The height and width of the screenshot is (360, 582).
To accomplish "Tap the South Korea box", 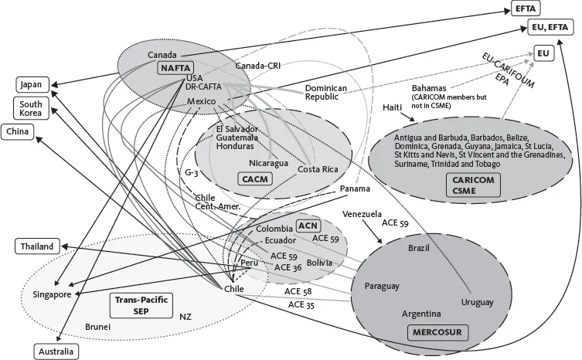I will (x=30, y=109).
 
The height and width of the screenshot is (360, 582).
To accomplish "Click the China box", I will (x=18, y=132).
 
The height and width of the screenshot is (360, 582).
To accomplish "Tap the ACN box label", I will (x=308, y=226).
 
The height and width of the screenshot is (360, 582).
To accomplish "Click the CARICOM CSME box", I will (x=474, y=185).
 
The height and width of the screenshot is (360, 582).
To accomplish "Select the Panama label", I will (x=357, y=188).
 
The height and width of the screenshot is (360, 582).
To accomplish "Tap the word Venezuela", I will (x=362, y=212).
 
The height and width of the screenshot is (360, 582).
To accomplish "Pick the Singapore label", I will (x=52, y=294).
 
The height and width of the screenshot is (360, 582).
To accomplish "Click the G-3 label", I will (x=192, y=172).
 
